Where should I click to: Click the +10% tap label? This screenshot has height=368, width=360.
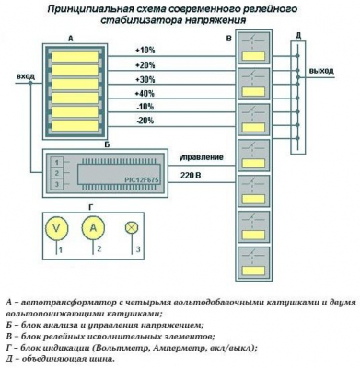[145, 51]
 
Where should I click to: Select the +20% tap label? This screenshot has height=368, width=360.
[145, 65]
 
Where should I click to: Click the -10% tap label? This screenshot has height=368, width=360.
[145, 107]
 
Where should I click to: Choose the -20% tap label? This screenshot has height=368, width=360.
[145, 121]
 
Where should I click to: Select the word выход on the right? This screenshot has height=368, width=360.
[322, 70]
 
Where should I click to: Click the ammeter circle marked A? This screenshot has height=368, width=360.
[92, 226]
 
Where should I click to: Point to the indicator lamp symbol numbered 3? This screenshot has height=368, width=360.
[131, 227]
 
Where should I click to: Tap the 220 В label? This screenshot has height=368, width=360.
[192, 174]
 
